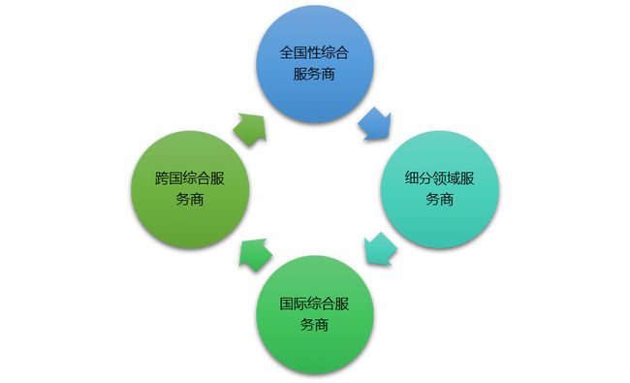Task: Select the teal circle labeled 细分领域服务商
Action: [439, 188]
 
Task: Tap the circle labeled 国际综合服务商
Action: [314, 313]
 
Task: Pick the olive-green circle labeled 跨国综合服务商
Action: [190, 188]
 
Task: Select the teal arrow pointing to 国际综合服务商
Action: [377, 249]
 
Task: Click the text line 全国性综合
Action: [314, 54]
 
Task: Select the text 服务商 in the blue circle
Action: [314, 75]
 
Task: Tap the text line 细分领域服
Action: [439, 178]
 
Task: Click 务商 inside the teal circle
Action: [439, 199]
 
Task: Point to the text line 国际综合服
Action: [314, 303]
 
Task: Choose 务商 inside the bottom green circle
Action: [314, 324]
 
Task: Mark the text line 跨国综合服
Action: [190, 178]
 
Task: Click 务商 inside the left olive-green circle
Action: [190, 199]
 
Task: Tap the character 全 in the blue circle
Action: [287, 54]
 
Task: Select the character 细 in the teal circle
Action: [412, 178]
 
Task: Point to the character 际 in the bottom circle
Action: [300, 303]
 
